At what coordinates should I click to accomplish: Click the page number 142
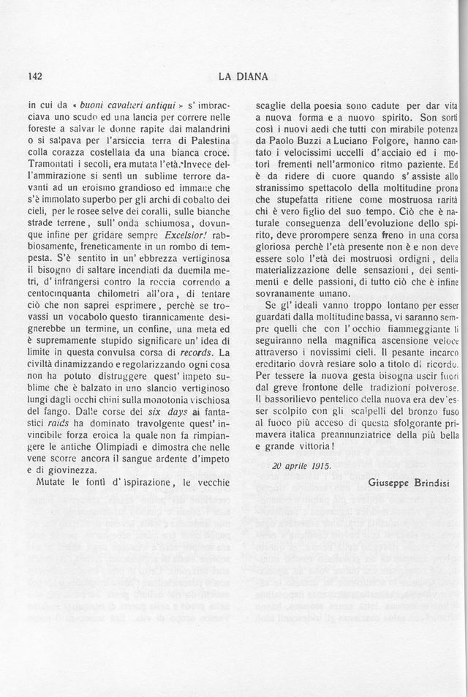[35, 75]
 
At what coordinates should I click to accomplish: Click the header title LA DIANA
[243, 75]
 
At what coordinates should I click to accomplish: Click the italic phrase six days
[166, 411]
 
